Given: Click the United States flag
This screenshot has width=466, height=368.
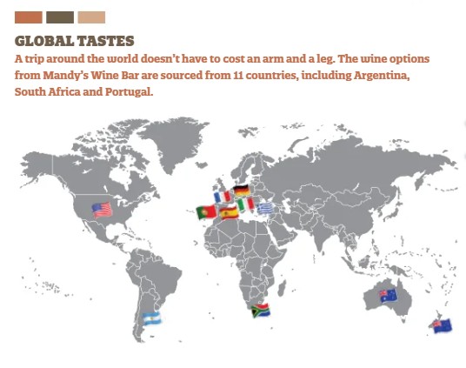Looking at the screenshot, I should pyautogui.click(x=102, y=210).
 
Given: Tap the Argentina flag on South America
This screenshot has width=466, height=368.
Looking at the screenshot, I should pyautogui.click(x=152, y=318).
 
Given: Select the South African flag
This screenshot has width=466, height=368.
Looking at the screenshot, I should pyautogui.click(x=260, y=311).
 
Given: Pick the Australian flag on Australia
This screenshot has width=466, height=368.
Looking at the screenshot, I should pyautogui.click(x=388, y=295).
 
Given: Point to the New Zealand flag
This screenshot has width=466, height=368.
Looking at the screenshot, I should pyautogui.click(x=442, y=326).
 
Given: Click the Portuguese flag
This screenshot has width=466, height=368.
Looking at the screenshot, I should pyautogui.click(x=207, y=212).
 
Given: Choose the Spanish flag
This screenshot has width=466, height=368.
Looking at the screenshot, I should pyautogui.click(x=229, y=212).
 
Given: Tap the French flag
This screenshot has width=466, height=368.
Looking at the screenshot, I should pyautogui.click(x=223, y=197).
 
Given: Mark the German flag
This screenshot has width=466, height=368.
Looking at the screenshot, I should pyautogui.click(x=241, y=190).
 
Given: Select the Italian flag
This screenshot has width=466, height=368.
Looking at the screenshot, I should pyautogui.click(x=246, y=204).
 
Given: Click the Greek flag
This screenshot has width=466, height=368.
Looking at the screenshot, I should pyautogui.click(x=264, y=208).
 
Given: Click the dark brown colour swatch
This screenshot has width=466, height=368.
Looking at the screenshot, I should pyautogui.click(x=60, y=17).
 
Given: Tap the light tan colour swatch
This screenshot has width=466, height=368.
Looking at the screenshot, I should pyautogui.click(x=91, y=17).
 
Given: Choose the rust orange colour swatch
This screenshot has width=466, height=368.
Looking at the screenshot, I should pyautogui.click(x=29, y=17).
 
